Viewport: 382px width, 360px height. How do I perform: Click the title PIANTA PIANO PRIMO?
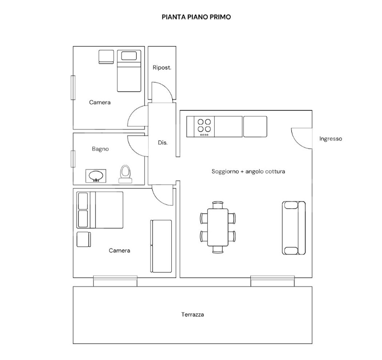(196, 17)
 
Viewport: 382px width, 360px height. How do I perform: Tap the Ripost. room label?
(162, 67)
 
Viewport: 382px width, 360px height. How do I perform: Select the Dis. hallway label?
(163, 142)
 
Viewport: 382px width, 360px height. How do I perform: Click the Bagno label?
(100, 149)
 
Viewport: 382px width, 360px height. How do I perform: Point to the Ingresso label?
(330, 138)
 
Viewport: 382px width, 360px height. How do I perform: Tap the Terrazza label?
(192, 314)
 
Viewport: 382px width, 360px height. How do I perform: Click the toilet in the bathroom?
(126, 174)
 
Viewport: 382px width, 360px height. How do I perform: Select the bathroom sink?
(96, 176)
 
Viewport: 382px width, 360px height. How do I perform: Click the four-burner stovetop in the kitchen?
(204, 126)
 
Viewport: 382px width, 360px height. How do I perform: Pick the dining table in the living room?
(218, 227)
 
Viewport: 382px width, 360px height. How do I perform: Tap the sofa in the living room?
(294, 227)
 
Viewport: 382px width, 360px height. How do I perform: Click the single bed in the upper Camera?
(129, 71)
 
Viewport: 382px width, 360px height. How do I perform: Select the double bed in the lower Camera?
(100, 210)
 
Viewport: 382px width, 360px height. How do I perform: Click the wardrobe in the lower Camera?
(161, 246)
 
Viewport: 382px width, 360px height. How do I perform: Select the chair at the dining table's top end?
(218, 205)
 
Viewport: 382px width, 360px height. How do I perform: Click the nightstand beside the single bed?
(106, 57)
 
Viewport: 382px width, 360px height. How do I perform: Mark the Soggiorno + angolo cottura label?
(248, 171)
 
